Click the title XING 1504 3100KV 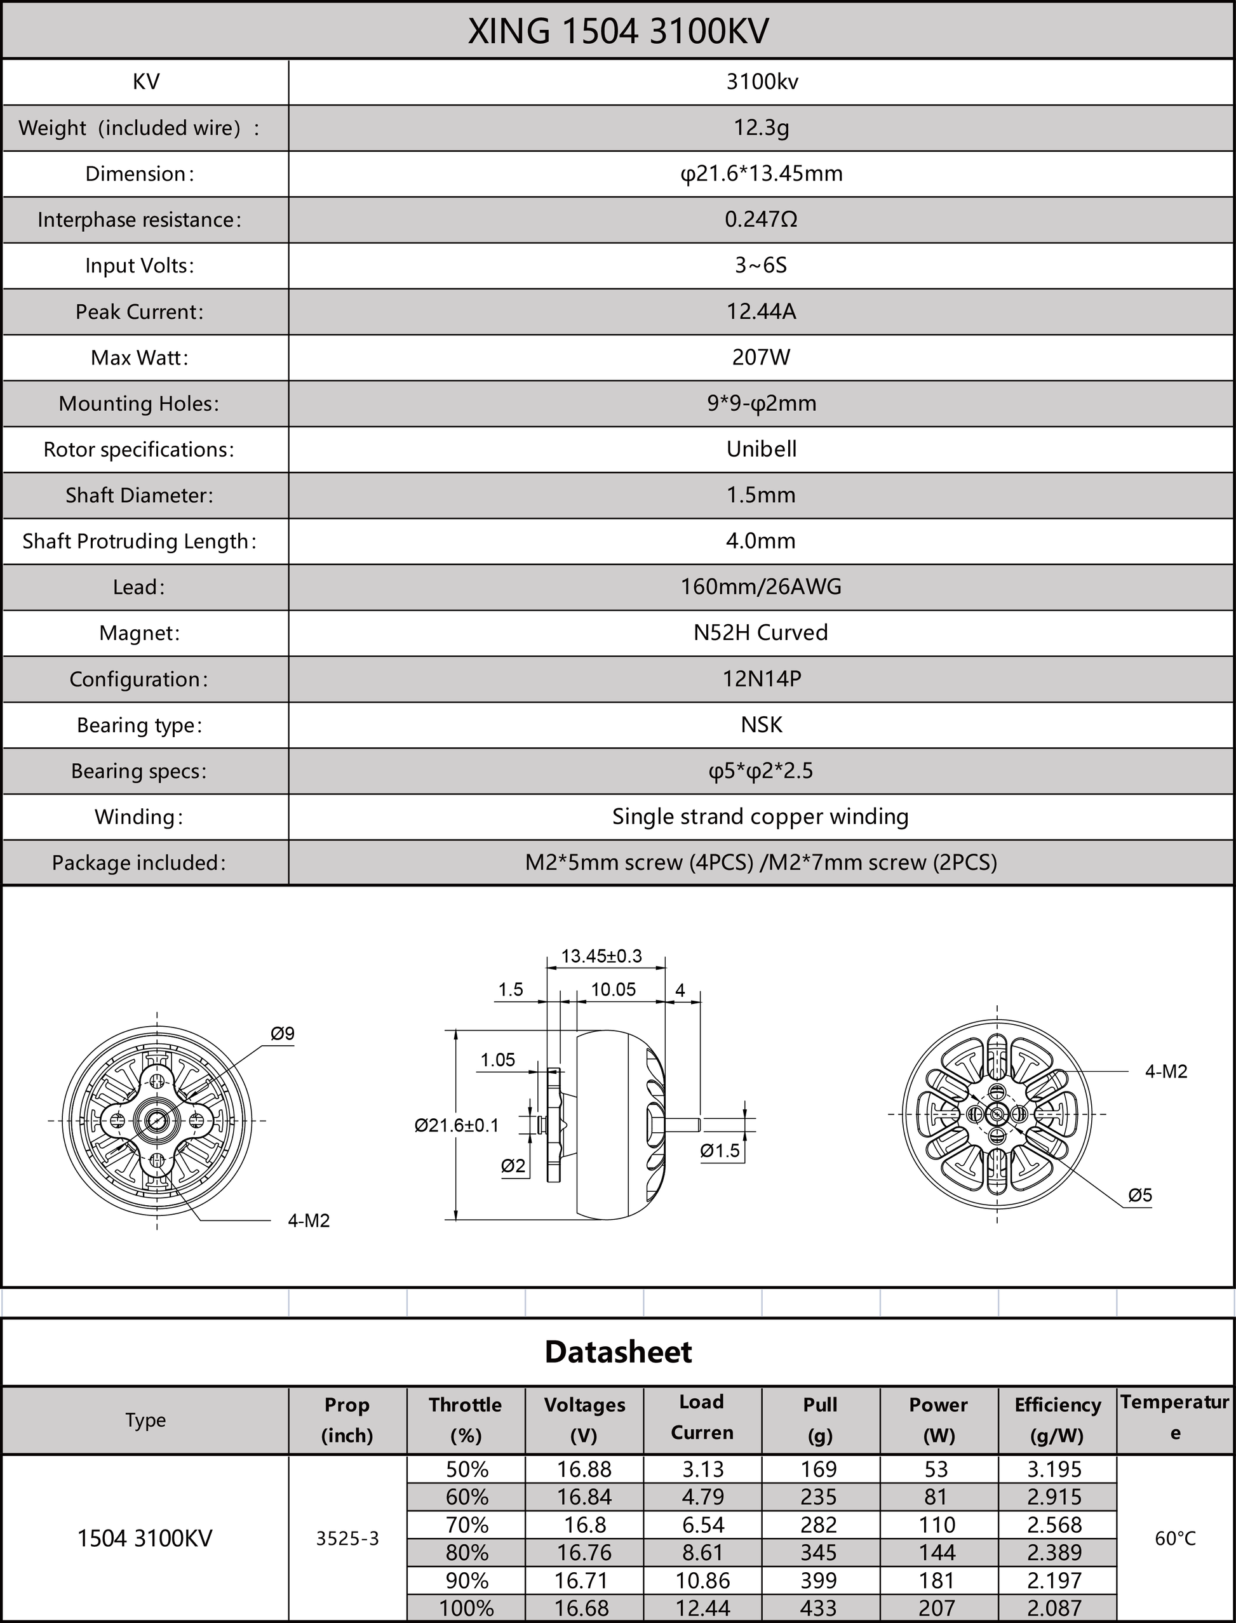coord(618,31)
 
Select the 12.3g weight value coord(761,128)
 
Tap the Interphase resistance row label coord(139,220)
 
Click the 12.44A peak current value coord(761,312)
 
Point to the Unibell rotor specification coord(761,450)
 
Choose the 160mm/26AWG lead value coord(761,587)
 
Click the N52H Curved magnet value coord(761,632)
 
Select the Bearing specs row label coord(139,771)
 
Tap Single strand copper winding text coord(761,817)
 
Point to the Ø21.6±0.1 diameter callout coord(456,1125)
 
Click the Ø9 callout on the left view coord(283,1033)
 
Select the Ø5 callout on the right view coord(1139,1196)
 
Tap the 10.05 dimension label coord(613,990)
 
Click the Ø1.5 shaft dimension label coord(720,1151)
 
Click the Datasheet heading coord(618,1352)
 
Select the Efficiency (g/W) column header coord(1058,1419)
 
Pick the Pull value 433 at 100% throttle coord(819,1608)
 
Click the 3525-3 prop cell coord(347,1539)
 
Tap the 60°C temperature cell coord(1175,1539)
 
